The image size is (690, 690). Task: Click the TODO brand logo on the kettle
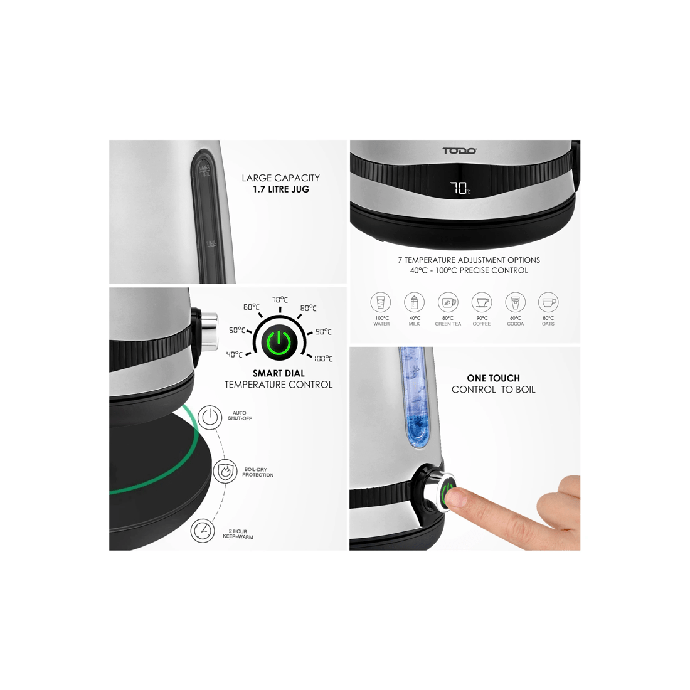coord(459,151)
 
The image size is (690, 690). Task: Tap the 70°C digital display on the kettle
coord(460,188)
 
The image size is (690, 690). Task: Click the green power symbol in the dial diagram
coord(279,342)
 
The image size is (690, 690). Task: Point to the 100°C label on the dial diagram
coord(324,359)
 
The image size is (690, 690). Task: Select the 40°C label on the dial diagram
coord(235,354)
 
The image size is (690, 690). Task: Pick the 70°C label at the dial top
coord(280,300)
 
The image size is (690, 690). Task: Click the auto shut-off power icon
coord(210,417)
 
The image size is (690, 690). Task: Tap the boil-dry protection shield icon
coord(225,472)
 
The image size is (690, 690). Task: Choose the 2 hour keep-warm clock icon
coord(203,531)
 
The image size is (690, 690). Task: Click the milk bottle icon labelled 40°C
coord(414,302)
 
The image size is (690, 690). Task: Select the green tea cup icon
coord(447,302)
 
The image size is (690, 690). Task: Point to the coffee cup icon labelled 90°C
coord(482,302)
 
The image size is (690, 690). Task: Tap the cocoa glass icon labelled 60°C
coord(515,302)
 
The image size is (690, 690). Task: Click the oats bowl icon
coord(548,302)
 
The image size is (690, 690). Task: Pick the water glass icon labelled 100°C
coord(381,302)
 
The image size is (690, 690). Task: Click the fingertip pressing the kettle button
coord(455,499)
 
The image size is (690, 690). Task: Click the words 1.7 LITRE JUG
coord(281,189)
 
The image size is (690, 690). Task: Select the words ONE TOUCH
coord(493,378)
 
